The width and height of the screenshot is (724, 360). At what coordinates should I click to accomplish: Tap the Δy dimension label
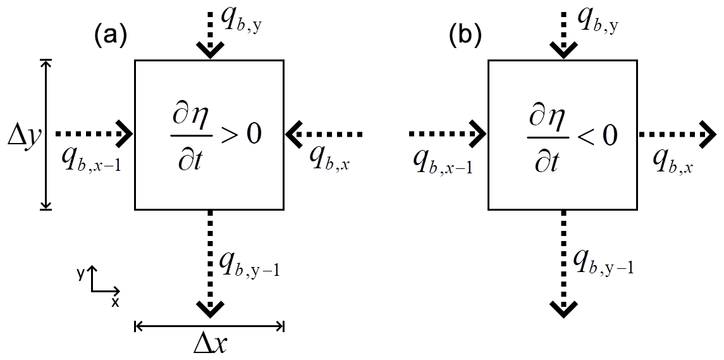(x=23, y=134)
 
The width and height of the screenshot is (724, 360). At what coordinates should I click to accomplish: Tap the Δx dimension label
(x=210, y=345)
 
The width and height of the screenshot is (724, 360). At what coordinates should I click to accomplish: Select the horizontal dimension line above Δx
(x=210, y=326)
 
